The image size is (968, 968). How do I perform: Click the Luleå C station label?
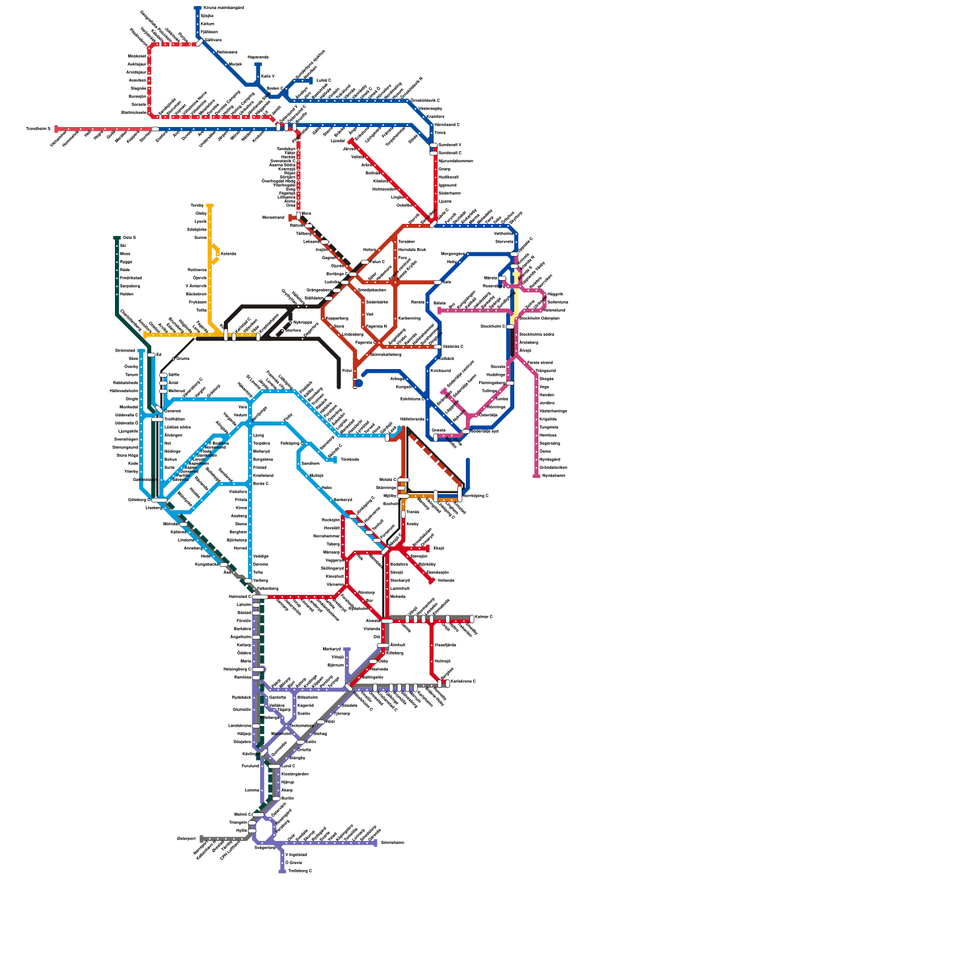pos(324,80)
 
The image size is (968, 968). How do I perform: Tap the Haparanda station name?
pos(258,57)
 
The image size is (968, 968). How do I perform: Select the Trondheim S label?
pos(38,128)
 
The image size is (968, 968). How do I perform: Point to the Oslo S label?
pos(129,238)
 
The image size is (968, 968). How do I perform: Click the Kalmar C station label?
pos(484,617)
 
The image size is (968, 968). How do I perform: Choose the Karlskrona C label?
pos(463,681)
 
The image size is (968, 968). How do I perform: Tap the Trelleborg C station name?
pos(300,871)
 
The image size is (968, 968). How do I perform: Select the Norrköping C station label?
pos(475,495)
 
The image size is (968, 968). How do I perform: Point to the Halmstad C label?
pos(240,597)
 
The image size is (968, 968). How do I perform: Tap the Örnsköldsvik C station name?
pos(425,100)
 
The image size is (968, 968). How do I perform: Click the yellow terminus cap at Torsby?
pos(209,206)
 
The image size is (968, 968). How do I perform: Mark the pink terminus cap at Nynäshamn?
pos(536,476)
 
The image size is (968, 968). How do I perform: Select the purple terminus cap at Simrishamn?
pos(375,843)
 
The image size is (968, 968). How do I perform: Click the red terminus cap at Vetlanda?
pos(431,581)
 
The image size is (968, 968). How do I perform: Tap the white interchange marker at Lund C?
pos(275,766)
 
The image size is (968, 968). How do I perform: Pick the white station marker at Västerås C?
pos(437,347)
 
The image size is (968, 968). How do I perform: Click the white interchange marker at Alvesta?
pos(387,621)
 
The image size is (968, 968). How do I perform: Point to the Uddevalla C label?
pos(126,415)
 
